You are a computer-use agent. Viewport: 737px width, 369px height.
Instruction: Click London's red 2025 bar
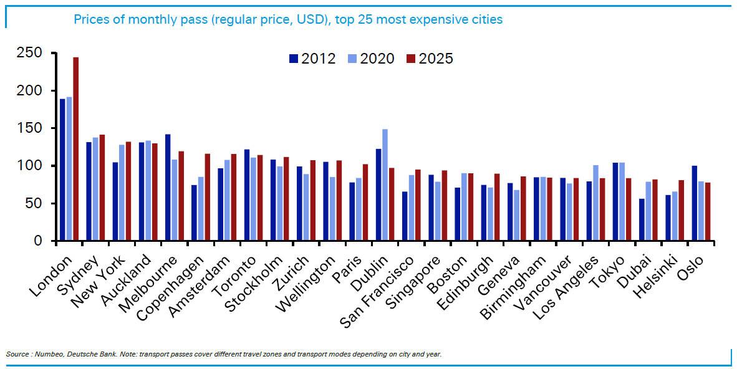(x=75, y=149)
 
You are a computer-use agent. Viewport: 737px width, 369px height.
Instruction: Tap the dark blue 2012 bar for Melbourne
(x=168, y=188)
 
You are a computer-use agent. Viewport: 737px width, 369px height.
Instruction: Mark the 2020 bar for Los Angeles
(x=595, y=203)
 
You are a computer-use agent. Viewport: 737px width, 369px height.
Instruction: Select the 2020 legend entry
(x=371, y=59)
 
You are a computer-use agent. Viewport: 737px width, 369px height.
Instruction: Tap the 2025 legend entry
(x=430, y=59)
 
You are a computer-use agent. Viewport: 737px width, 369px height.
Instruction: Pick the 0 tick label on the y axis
(x=37, y=241)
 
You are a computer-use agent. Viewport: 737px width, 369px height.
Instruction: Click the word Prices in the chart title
(x=91, y=19)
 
